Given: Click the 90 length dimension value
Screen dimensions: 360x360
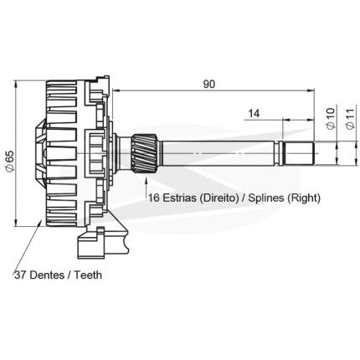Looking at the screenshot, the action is coord(209,85).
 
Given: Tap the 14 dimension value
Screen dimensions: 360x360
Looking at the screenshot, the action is coord(254,114).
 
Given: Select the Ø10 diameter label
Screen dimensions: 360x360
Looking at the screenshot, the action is coord(330,118).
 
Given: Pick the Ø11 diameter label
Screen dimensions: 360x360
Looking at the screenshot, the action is coord(350,118).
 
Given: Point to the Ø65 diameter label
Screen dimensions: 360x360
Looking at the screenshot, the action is coord(10,161).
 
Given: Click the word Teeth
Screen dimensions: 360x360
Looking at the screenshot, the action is coord(88,275).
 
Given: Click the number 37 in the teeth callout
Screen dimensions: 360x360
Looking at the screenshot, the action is coord(20,275).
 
